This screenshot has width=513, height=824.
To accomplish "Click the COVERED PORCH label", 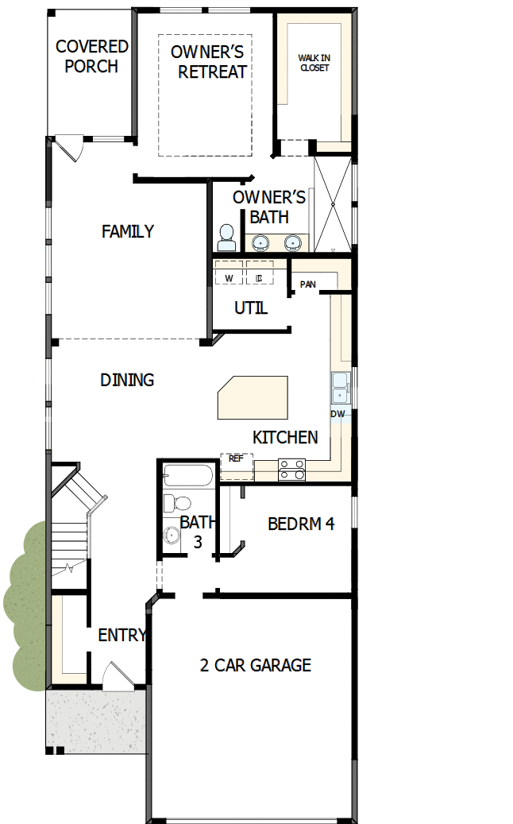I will tap(91, 56).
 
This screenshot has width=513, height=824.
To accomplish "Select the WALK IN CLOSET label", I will tap(314, 63).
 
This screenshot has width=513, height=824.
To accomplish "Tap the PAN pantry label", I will tap(307, 284).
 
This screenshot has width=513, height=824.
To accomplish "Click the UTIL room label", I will tap(251, 308).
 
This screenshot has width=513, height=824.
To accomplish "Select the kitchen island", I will tap(253, 398).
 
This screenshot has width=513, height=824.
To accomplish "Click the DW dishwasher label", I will tap(337, 414).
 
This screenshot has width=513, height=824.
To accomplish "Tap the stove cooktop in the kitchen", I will tap(291, 470).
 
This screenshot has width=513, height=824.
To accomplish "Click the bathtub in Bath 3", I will tap(187, 478).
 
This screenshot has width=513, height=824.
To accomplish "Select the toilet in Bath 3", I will tap(177, 503).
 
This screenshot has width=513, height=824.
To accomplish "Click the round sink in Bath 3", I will tap(172, 535).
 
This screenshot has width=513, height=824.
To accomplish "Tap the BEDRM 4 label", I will tap(300, 524).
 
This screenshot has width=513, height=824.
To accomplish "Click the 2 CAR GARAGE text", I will tap(255, 666).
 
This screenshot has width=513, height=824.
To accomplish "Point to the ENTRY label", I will tap(122, 636).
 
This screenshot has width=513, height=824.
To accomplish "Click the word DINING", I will tap(127, 381).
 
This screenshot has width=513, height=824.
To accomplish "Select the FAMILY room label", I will tap(128, 232).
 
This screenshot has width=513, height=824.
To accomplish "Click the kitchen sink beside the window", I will tap(340, 387).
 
